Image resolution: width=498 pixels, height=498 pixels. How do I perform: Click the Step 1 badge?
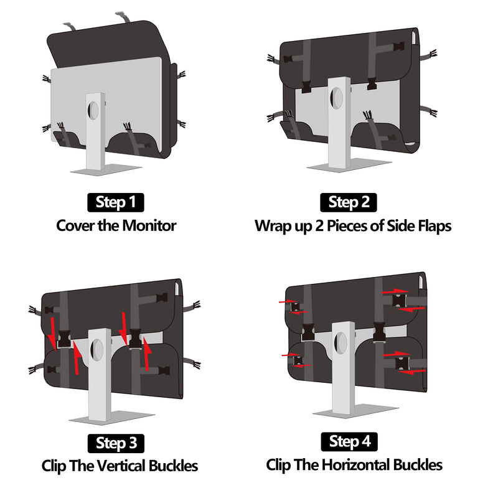(116, 202)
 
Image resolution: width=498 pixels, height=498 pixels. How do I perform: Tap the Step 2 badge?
(349, 202)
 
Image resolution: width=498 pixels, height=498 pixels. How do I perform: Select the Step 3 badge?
(116, 443)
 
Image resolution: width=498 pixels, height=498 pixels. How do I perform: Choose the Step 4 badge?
(349, 442)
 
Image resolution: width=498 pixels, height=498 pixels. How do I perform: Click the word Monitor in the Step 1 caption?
(149, 226)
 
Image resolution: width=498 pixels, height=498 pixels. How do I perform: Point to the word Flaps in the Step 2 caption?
(435, 227)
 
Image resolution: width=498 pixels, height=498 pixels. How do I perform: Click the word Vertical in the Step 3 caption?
(121, 466)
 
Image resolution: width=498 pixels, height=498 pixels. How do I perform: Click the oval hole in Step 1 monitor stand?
(93, 110)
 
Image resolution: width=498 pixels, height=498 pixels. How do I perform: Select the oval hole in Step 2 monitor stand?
(337, 98)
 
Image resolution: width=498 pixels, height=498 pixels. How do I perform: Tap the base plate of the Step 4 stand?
(355, 411)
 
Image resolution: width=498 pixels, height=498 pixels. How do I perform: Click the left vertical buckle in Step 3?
(64, 339)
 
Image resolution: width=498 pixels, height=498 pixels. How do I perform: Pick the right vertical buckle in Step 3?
(135, 339)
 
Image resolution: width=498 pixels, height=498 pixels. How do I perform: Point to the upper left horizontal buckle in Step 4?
(295, 307)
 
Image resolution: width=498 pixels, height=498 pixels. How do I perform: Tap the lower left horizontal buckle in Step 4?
(298, 360)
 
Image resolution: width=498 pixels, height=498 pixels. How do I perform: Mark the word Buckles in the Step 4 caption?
(418, 465)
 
